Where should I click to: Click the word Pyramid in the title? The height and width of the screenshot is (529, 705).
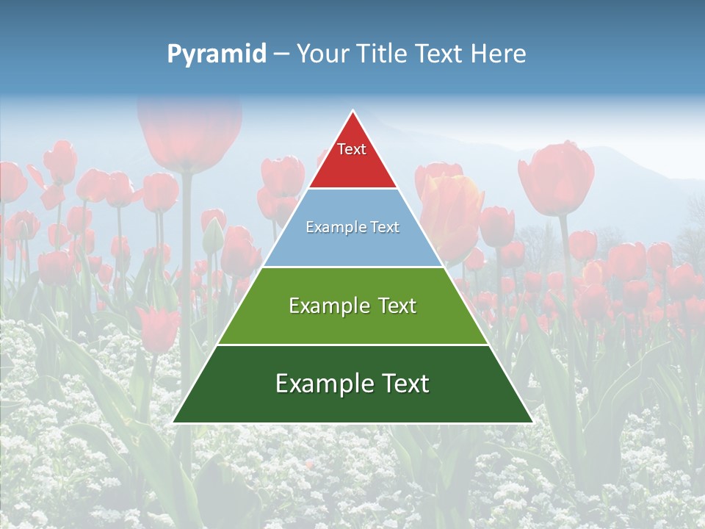[216, 54]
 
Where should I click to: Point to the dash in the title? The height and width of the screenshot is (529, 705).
[281, 54]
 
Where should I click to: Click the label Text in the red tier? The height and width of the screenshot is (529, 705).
[352, 149]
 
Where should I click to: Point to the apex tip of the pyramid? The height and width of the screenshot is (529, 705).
[353, 112]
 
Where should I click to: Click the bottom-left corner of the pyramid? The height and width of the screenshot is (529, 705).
[173, 422]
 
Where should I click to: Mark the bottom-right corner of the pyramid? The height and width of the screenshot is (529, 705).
[532, 422]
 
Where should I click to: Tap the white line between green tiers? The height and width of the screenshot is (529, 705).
[352, 345]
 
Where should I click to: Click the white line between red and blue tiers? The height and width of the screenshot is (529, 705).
[352, 189]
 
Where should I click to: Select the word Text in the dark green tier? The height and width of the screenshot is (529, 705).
[402, 384]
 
